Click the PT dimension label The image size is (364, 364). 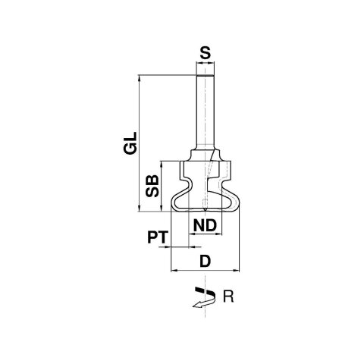pyautogui.click(x=156, y=238)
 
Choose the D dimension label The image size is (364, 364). pyautogui.click(x=204, y=261)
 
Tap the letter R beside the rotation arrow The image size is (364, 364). pyautogui.click(x=227, y=297)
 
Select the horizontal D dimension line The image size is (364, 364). pyautogui.click(x=205, y=269)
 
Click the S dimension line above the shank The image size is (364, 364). pyautogui.click(x=204, y=64)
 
